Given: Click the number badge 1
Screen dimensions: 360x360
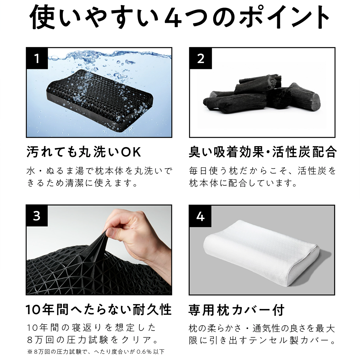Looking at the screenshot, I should pyautogui.click(x=37, y=58).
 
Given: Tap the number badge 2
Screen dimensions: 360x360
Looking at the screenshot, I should pyautogui.click(x=200, y=58).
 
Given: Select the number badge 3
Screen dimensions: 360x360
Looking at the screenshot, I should pyautogui.click(x=37, y=216).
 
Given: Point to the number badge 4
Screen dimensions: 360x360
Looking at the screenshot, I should pyautogui.click(x=200, y=216).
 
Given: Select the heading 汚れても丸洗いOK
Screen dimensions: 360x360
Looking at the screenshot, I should pyautogui.click(x=84, y=152).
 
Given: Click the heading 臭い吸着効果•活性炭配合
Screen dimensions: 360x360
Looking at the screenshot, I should pyautogui.click(x=262, y=152).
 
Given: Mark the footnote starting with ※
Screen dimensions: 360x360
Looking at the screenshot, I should pyautogui.click(x=96, y=351).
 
